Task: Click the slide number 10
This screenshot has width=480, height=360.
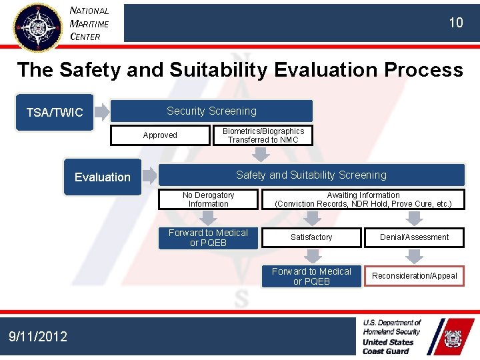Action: click(455, 23)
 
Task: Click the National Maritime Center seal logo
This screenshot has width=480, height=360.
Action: click(37, 26)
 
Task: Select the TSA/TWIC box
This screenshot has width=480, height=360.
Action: click(55, 112)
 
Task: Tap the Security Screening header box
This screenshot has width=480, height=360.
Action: click(211, 111)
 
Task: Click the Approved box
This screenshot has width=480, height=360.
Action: click(160, 135)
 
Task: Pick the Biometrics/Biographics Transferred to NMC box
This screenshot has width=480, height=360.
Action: click(263, 135)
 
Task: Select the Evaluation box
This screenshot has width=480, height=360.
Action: click(103, 177)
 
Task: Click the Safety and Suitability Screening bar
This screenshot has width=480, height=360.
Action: click(311, 175)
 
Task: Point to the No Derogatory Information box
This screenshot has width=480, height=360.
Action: click(208, 199)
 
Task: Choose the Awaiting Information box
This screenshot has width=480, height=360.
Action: click(363, 199)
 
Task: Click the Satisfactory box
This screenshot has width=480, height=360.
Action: click(311, 237)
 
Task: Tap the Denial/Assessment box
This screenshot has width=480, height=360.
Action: click(414, 237)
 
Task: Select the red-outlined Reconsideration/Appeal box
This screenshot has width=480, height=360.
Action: click(414, 276)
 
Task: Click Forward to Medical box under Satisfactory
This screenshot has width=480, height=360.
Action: click(311, 276)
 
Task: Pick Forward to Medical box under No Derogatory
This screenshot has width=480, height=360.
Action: click(208, 238)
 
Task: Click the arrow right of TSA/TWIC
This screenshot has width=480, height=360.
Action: click(101, 112)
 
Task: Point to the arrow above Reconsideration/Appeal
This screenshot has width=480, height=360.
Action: click(414, 256)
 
